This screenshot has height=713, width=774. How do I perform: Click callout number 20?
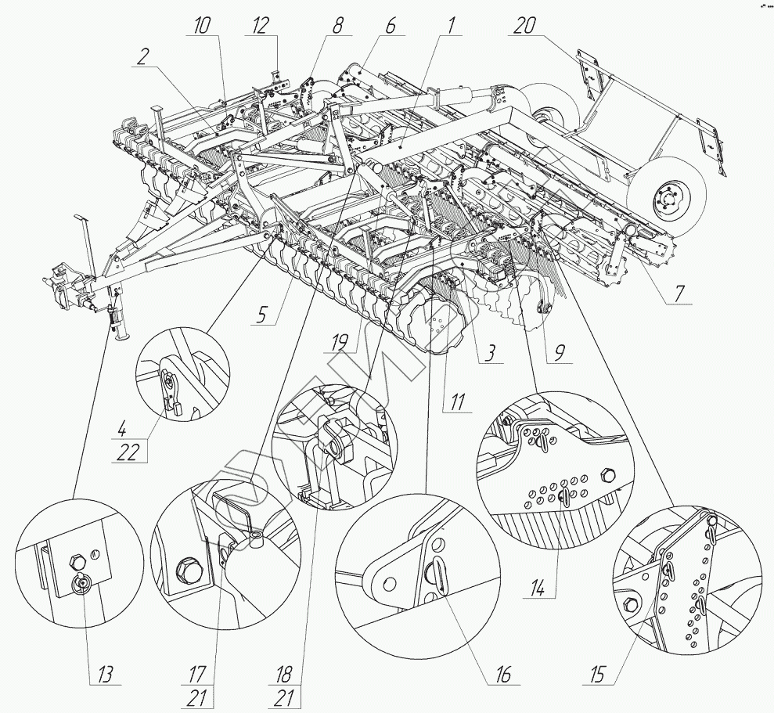pyautogui.click(x=524, y=25)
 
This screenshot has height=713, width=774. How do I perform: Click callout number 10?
pyautogui.click(x=203, y=25)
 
